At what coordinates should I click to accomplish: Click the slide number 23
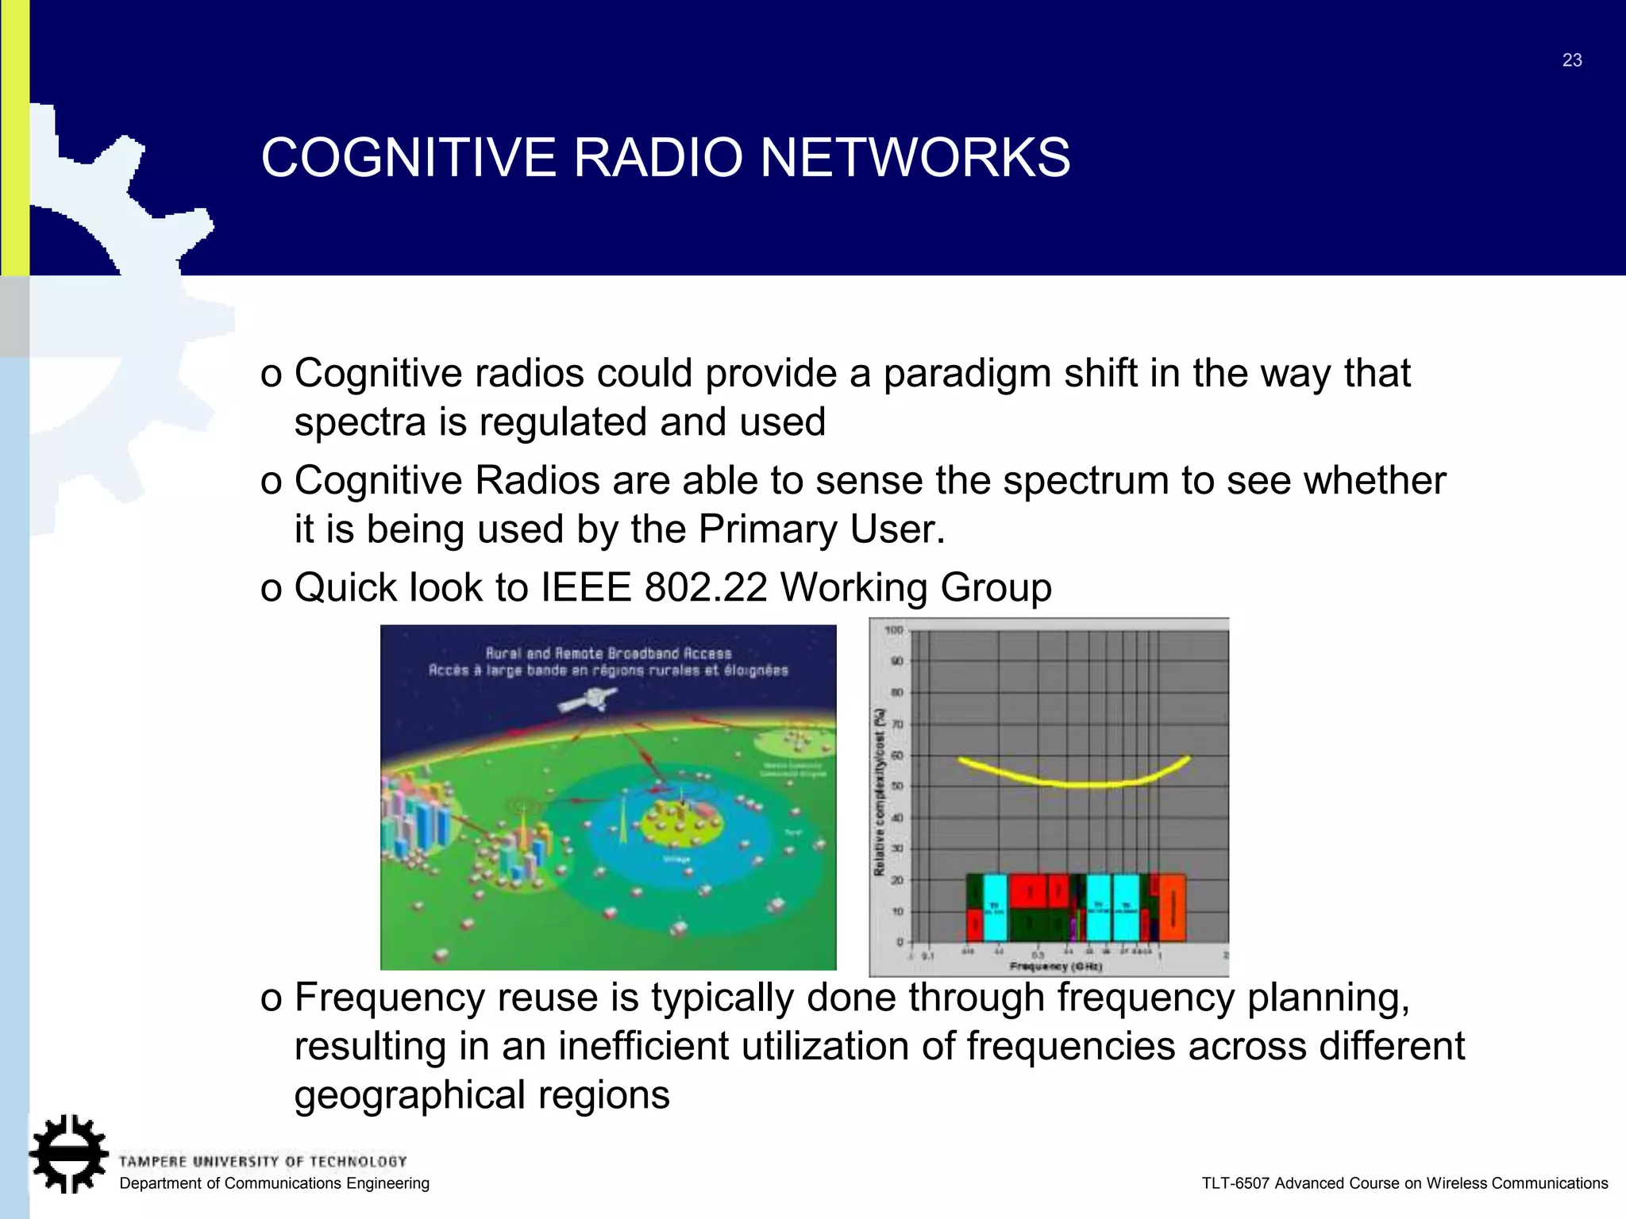coord(1571,60)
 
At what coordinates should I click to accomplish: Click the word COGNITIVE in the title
coord(409,157)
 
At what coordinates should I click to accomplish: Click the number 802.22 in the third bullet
coord(706,588)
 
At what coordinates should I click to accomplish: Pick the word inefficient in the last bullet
coord(643,1046)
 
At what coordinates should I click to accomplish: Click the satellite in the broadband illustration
coord(588,700)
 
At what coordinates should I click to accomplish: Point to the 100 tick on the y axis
coord(894,630)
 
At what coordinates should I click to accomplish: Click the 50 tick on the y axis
coord(896,786)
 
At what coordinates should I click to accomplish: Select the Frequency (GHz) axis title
coord(1055,966)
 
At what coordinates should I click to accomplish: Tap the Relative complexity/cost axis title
coord(879,792)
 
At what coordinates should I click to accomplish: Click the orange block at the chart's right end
coord(1173,908)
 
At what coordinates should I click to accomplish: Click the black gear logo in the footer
coord(68,1153)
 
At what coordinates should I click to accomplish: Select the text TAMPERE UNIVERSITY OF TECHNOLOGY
coord(263,1162)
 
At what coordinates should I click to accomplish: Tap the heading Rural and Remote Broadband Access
coord(608,653)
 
